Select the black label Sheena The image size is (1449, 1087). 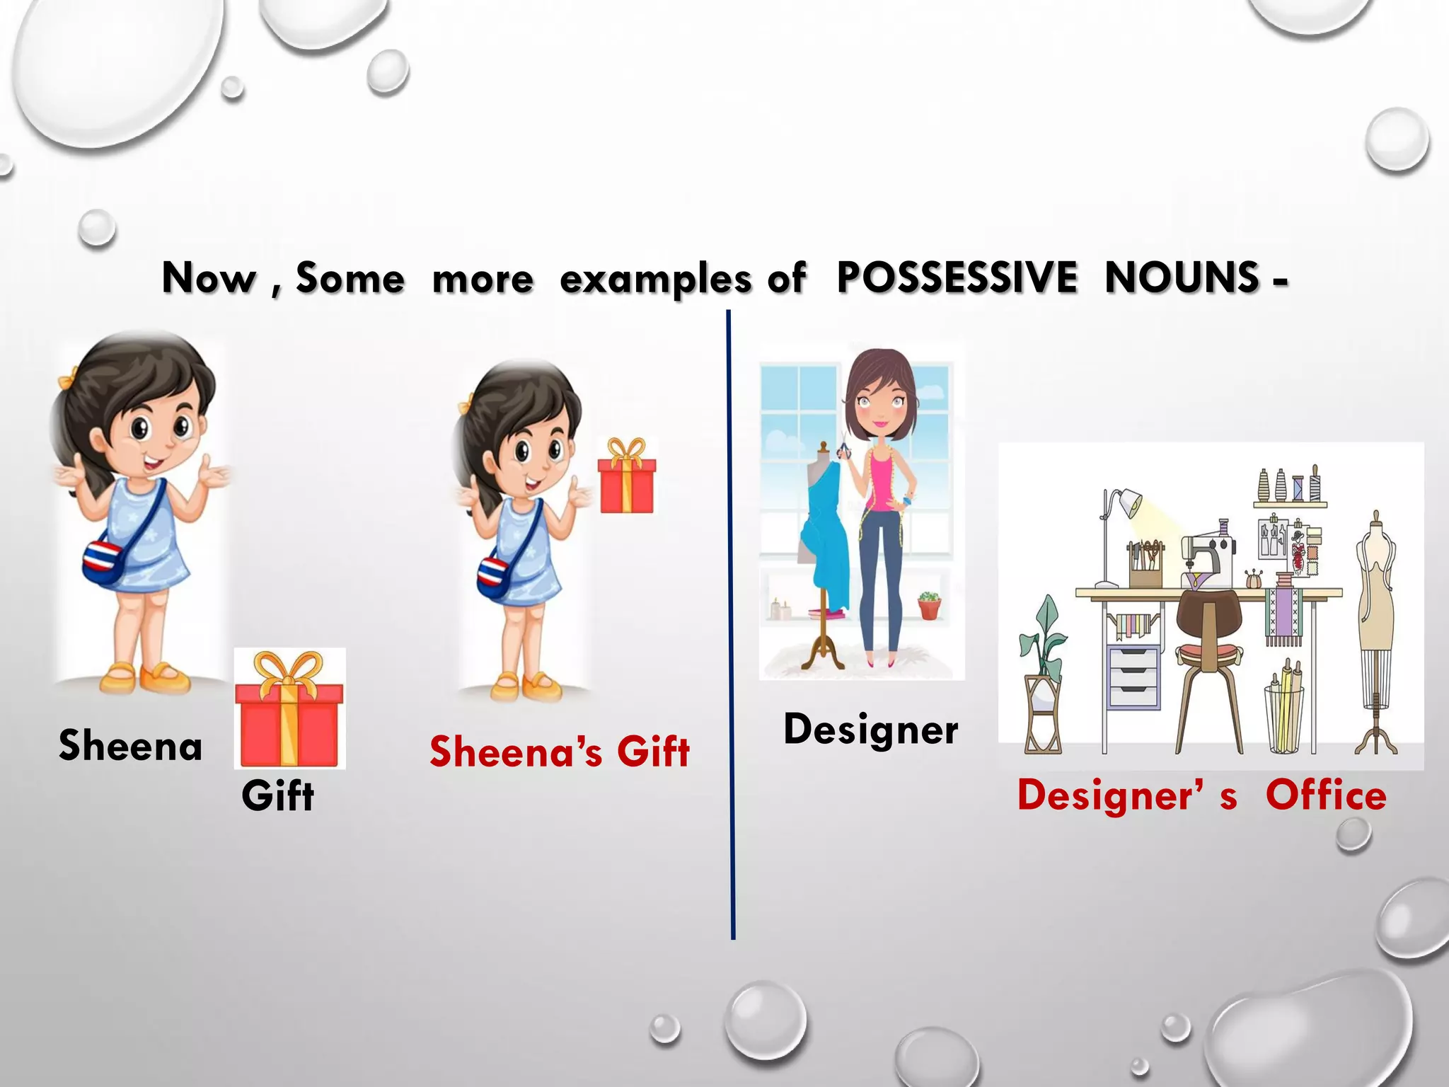130,745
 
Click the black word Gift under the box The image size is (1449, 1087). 277,796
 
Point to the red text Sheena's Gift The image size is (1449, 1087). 559,751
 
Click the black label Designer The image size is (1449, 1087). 870,730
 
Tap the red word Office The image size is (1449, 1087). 1326,795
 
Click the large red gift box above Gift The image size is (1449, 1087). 289,711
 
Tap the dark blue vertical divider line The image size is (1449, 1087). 730,623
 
